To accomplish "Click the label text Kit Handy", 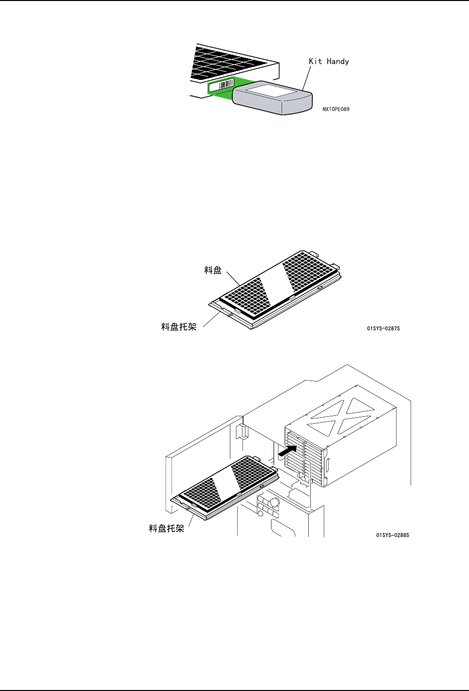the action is [x=329, y=62].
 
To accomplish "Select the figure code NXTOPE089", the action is [x=336, y=109].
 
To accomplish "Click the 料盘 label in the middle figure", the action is [x=213, y=270].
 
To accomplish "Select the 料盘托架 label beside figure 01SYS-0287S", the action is [x=179, y=326].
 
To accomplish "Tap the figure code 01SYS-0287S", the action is [x=383, y=328].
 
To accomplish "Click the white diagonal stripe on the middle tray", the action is [x=272, y=281].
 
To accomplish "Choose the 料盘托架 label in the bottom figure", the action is [x=167, y=529].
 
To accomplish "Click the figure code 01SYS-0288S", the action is [x=392, y=535].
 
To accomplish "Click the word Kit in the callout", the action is [x=316, y=62].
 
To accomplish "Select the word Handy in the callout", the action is [x=338, y=62].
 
